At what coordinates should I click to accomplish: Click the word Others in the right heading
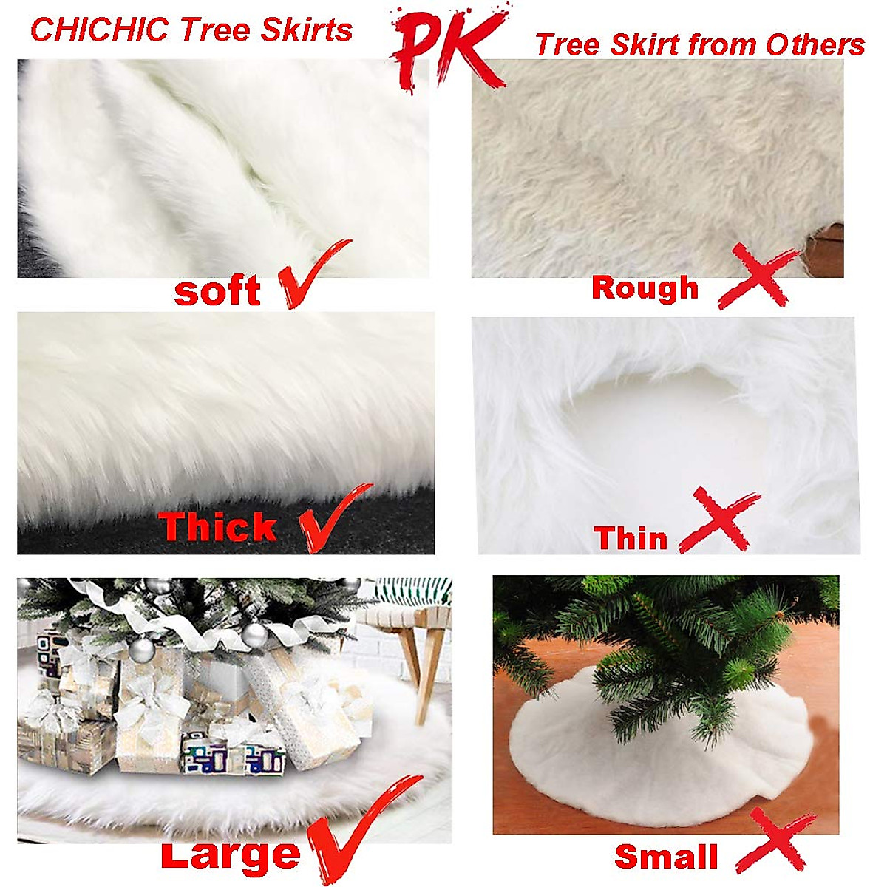pyautogui.click(x=815, y=45)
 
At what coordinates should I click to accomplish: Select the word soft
pyautogui.click(x=217, y=291)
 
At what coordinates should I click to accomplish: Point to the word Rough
pyautogui.click(x=645, y=288)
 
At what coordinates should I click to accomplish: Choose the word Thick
pyautogui.click(x=217, y=527)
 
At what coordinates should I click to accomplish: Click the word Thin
pyautogui.click(x=630, y=538)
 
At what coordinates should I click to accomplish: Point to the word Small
pyautogui.click(x=666, y=857)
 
